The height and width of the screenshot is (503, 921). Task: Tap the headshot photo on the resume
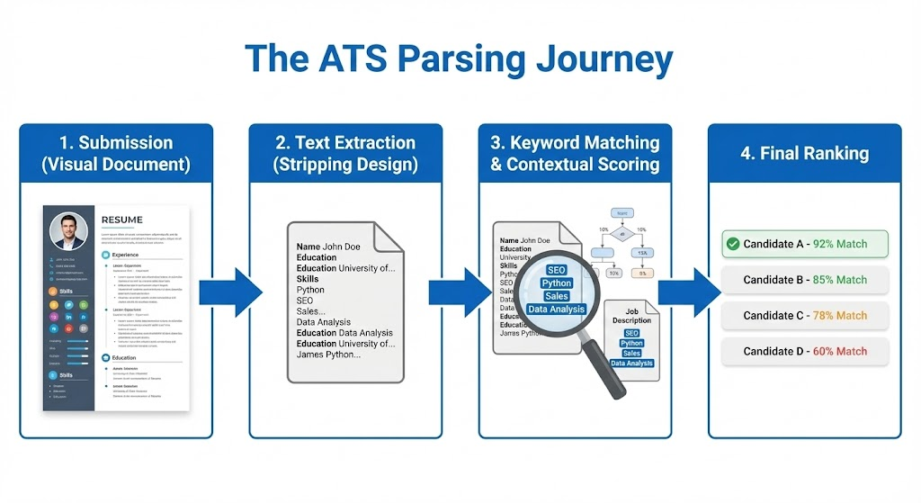coord(68,230)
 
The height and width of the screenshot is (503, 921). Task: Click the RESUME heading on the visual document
coord(122,220)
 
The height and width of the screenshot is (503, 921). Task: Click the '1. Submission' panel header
coord(116,153)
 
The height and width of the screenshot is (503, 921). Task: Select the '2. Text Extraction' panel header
coord(345,153)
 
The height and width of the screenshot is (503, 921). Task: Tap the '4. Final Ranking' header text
coord(804,153)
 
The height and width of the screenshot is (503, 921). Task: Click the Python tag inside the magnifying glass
coord(557,283)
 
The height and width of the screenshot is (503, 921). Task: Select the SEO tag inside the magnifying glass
coord(557,270)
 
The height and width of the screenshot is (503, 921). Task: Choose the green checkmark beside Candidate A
coord(732,244)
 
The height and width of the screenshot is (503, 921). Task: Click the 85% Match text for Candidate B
coord(839,280)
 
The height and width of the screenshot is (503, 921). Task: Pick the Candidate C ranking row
coord(804,316)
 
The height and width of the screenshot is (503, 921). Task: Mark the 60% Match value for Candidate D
coord(839,351)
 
